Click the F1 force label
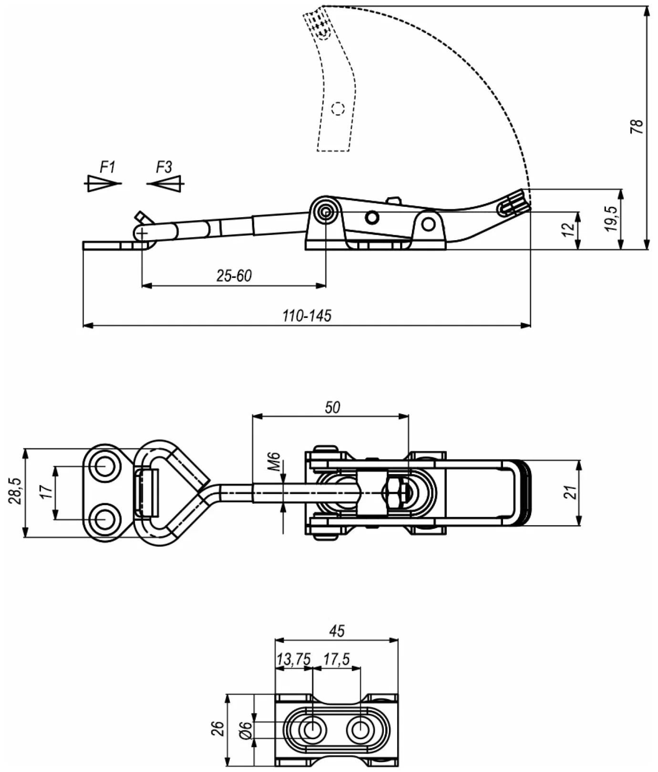[x=107, y=167]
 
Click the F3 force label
[x=164, y=167]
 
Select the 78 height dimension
[x=637, y=126]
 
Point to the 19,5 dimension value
[x=612, y=219]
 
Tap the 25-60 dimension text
[x=234, y=276]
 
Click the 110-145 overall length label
[x=307, y=315]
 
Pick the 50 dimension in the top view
[x=332, y=407]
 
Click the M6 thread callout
[x=274, y=462]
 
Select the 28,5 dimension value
[x=15, y=491]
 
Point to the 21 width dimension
[x=571, y=492]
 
